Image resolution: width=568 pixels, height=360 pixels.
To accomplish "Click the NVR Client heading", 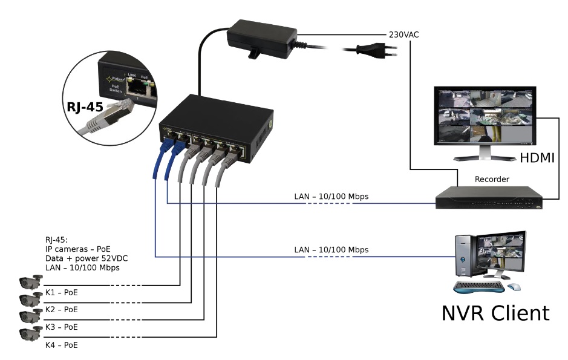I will point(495,312).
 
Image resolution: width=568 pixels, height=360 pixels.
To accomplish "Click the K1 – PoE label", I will point(61,292).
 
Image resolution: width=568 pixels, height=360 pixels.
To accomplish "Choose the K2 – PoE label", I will point(61,309).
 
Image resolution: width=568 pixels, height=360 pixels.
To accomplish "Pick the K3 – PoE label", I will point(61,327).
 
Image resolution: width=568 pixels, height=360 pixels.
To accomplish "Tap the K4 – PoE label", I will point(61,344).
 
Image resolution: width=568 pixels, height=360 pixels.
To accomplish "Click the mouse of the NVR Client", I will point(514,286).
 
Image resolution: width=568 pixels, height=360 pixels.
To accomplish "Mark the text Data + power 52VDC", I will point(86,258).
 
